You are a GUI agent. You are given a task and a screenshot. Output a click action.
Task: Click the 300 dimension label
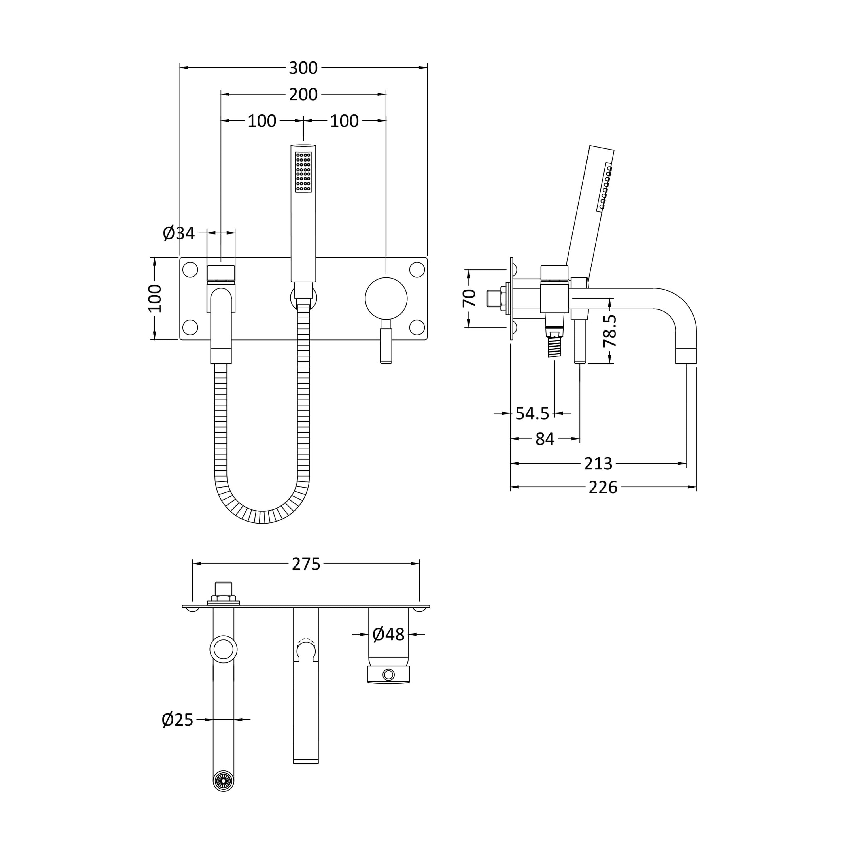(x=303, y=68)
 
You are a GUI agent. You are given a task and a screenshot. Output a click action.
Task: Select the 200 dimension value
(x=303, y=95)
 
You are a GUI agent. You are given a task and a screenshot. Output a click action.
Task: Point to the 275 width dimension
(x=306, y=564)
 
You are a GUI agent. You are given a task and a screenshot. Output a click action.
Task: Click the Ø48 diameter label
(x=388, y=634)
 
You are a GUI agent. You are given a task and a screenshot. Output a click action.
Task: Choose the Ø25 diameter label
(x=178, y=720)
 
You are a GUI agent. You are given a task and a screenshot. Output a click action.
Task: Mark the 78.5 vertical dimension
(x=610, y=331)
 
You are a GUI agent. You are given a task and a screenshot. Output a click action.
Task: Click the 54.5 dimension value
(x=532, y=414)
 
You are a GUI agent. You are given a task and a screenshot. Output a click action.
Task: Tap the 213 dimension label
(x=598, y=464)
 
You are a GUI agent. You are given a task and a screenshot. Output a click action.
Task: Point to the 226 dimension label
(x=603, y=487)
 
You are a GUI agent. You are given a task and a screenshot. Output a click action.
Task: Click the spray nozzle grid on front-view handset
(x=303, y=172)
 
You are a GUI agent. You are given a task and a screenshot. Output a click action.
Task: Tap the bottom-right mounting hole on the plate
(x=417, y=327)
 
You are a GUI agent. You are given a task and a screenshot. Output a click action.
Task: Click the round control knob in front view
(x=386, y=299)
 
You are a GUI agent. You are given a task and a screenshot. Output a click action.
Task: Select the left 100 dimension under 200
(x=262, y=121)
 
